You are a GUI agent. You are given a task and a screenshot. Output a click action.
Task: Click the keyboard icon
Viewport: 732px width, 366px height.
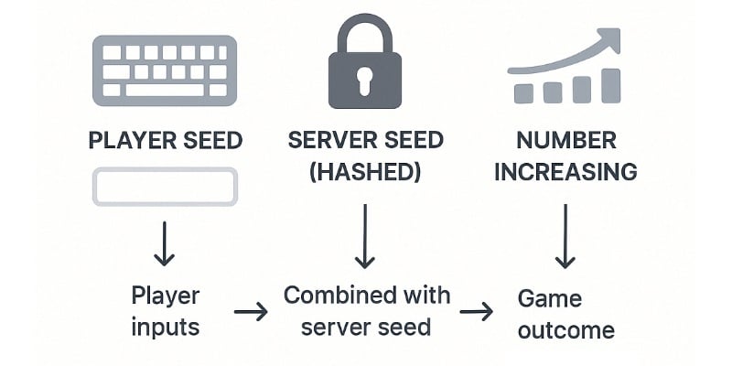tap(165, 70)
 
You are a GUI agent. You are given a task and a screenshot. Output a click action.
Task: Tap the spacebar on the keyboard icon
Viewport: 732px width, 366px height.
tap(165, 90)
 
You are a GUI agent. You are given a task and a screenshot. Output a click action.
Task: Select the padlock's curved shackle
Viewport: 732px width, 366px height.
tap(364, 29)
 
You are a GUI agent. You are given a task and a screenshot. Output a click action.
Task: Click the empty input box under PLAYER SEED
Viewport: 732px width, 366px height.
tap(165, 187)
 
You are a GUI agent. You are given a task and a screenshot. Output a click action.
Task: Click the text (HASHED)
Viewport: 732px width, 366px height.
tap(365, 172)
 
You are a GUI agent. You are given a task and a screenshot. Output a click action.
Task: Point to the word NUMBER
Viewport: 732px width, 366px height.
tap(565, 142)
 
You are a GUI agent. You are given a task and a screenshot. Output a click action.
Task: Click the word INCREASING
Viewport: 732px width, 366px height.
tap(565, 172)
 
